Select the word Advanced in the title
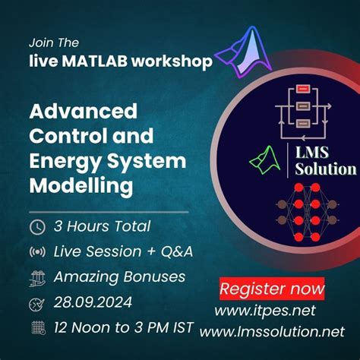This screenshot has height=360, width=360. pos(83,111)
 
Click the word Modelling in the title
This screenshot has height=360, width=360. pos(81,185)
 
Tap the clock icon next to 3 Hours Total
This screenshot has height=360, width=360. pos(36,226)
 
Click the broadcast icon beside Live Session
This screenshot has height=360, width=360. pos(36,251)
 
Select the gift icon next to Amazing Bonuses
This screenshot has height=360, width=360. pos(36,277)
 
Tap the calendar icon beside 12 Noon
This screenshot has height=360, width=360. pos(36,328)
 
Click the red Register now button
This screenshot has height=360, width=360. pos(272,289)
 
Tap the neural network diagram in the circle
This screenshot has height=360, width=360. pos(303,216)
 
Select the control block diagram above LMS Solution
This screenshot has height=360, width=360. pos(303,106)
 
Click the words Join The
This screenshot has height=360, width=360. pos(54,43)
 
